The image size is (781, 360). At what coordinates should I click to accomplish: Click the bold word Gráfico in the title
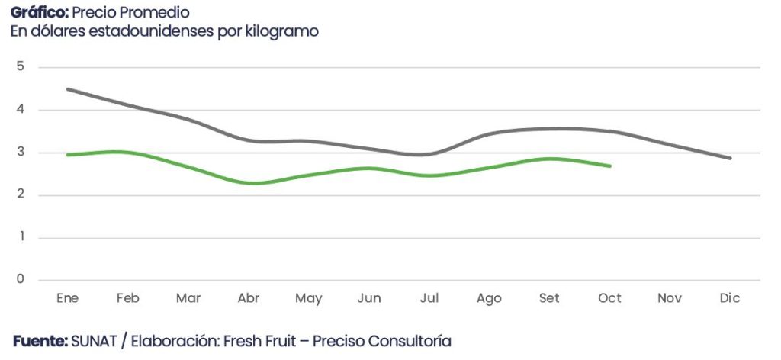point(39,13)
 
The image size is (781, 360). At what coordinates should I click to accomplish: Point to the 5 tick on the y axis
point(20,66)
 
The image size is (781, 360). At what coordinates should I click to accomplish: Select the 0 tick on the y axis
point(20,279)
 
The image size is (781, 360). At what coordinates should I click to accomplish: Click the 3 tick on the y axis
point(20,152)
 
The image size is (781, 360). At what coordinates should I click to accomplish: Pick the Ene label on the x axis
point(67,298)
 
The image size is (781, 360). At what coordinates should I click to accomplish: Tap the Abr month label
point(248,298)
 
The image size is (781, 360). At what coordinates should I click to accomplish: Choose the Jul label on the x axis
point(429,298)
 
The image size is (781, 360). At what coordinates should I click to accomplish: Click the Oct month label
point(609,298)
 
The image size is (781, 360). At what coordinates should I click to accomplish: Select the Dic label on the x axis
point(730,298)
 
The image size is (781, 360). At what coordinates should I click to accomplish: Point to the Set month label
point(549,298)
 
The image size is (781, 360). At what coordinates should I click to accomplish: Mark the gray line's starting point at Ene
point(68,89)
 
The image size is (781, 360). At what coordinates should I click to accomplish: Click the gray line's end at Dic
point(730,158)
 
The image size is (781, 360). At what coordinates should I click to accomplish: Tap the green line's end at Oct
point(609,166)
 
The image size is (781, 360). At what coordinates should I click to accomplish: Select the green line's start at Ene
point(68,155)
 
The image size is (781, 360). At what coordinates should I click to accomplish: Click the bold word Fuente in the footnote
point(40,341)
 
